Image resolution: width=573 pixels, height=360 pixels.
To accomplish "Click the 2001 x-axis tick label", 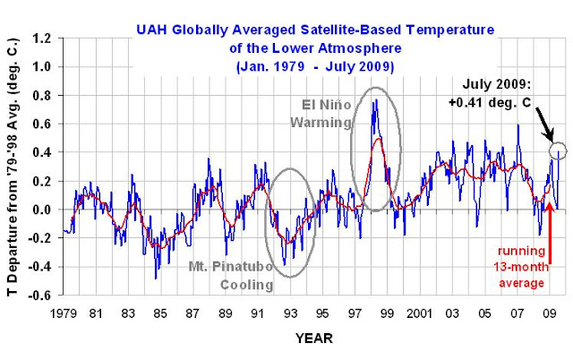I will (x=419, y=314).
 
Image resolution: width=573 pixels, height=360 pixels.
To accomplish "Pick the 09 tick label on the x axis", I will (x=547, y=314).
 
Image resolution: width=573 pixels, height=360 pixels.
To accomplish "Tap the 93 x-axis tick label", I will (x=290, y=314).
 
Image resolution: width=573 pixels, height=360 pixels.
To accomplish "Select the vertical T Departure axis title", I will (x=12, y=167).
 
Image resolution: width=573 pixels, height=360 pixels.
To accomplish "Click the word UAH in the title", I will (x=152, y=31).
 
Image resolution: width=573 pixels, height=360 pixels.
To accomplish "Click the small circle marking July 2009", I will (x=557, y=150).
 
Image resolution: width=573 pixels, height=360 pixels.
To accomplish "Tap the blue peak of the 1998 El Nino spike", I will (x=374, y=100).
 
